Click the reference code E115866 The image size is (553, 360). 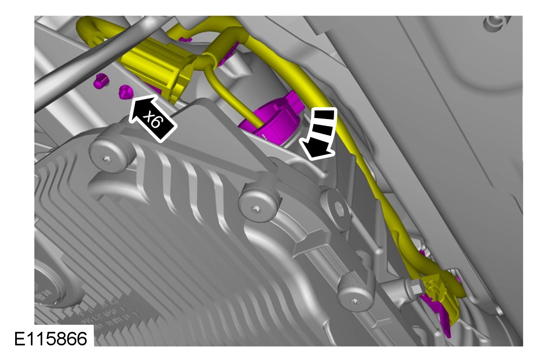pyautogui.click(x=50, y=339)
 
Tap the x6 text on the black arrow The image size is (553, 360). pyautogui.click(x=154, y=120)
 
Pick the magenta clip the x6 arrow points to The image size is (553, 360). pyautogui.click(x=125, y=91)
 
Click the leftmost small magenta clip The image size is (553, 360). pyautogui.click(x=101, y=81)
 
